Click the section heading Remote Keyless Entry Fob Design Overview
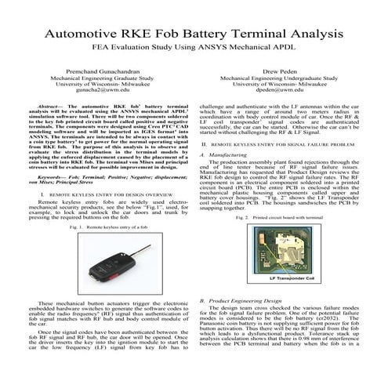(100, 191)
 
